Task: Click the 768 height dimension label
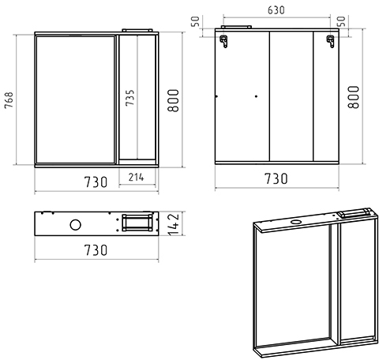coord(9,100)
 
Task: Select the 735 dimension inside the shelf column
coord(129,98)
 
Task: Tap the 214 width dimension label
coord(137,178)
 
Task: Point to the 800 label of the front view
coord(174,100)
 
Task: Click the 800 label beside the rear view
coord(354,97)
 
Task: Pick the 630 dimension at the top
coord(276,10)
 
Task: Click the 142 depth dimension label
coord(174,224)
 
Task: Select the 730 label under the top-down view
coord(96,250)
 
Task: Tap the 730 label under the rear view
coord(276,178)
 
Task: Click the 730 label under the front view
coord(96,182)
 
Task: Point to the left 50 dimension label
coord(195,21)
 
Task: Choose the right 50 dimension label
coord(341,21)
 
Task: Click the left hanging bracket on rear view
coord(223,41)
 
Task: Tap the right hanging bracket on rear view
coord(330,41)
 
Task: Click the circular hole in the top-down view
coord(76,225)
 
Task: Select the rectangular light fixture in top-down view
coord(137,223)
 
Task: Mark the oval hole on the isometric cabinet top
coord(297,222)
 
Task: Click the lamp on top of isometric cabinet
coord(355,212)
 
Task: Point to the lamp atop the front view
coord(137,30)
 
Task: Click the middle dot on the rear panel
coord(256,96)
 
